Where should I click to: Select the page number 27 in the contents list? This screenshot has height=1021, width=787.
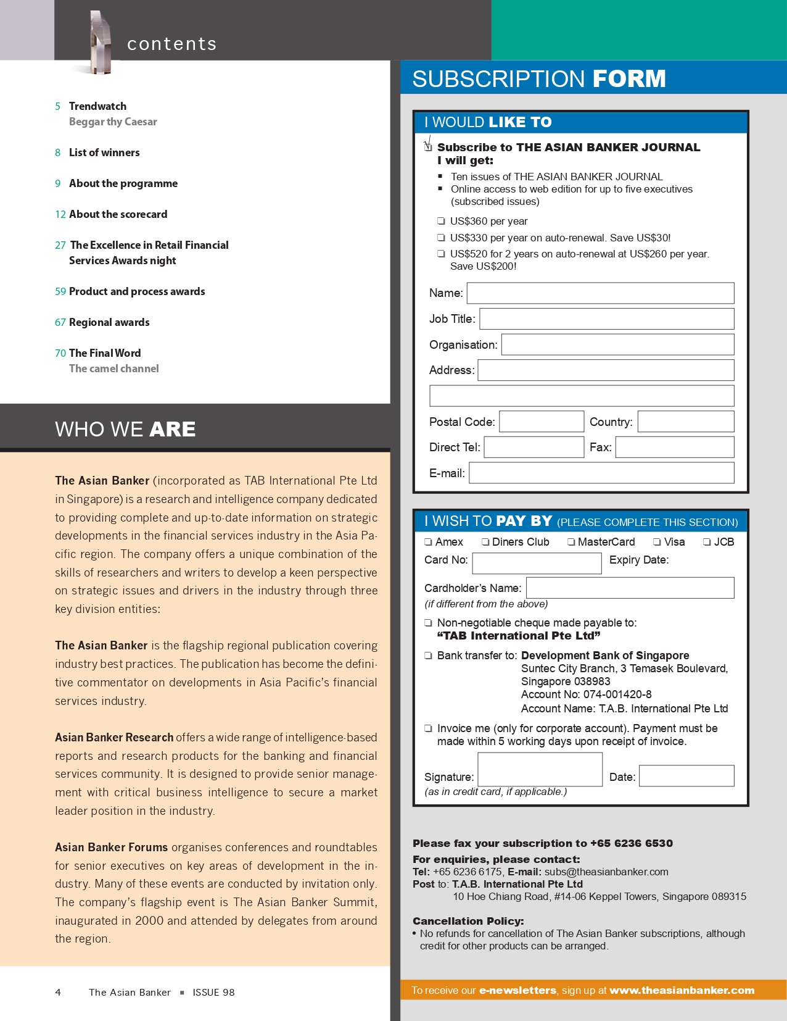(60, 245)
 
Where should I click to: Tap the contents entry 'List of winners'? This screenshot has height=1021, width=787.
(104, 152)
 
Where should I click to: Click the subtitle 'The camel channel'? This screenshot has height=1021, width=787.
(114, 369)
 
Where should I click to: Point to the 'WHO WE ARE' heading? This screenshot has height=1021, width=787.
(125, 429)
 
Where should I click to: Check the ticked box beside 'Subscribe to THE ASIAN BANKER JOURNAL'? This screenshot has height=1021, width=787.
(428, 146)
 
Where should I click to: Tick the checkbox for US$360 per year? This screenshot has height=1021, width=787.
(441, 221)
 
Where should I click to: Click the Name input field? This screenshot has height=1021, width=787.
(600, 293)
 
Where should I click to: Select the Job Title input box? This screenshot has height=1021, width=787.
(606, 319)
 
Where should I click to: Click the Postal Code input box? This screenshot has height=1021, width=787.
(541, 422)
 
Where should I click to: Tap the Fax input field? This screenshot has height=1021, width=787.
(674, 447)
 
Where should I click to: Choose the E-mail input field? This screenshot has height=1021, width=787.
(601, 473)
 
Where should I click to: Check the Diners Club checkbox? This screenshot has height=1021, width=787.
(485, 542)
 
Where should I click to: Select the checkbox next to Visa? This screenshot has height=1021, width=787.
(657, 542)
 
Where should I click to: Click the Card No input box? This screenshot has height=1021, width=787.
(537, 563)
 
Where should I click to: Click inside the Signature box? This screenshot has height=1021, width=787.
(540, 770)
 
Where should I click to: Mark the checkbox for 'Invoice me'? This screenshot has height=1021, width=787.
(428, 728)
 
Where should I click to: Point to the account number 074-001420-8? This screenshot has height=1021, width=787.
(617, 694)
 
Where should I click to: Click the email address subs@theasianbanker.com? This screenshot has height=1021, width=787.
(606, 872)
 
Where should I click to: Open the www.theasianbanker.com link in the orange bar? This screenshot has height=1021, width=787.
(682, 990)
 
